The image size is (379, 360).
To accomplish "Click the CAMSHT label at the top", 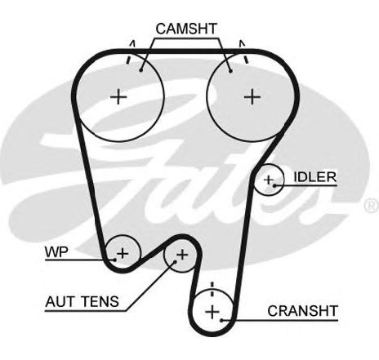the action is click(x=186, y=29).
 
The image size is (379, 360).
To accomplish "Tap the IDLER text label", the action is click(x=315, y=177).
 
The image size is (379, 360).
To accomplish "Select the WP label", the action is click(x=56, y=252).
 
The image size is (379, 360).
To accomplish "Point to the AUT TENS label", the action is click(x=82, y=301).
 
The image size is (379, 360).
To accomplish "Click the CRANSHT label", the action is click(x=302, y=311).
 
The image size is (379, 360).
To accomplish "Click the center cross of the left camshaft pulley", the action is click(x=118, y=96).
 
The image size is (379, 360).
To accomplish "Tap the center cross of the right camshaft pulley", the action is click(x=252, y=96).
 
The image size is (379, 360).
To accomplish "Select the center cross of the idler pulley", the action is click(x=269, y=180).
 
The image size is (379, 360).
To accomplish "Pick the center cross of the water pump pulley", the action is click(x=123, y=253).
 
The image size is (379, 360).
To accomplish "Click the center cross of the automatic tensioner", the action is click(x=182, y=255).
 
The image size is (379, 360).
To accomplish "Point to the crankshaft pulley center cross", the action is click(x=212, y=312).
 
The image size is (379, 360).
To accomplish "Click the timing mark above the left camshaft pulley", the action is click(x=130, y=52).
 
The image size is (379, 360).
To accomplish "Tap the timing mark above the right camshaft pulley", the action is click(x=243, y=51).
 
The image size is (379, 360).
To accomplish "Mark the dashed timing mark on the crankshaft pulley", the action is click(x=212, y=290).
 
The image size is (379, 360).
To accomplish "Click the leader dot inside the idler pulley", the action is click(x=274, y=185).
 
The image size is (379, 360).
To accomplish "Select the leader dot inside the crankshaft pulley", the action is click(x=222, y=320).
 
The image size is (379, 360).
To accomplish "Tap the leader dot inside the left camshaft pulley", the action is click(x=140, y=70).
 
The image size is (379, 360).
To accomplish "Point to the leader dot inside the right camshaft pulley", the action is click(x=230, y=71).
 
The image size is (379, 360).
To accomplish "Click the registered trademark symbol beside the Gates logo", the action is click(x=372, y=206).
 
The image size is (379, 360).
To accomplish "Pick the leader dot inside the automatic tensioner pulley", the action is click(x=175, y=262).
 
